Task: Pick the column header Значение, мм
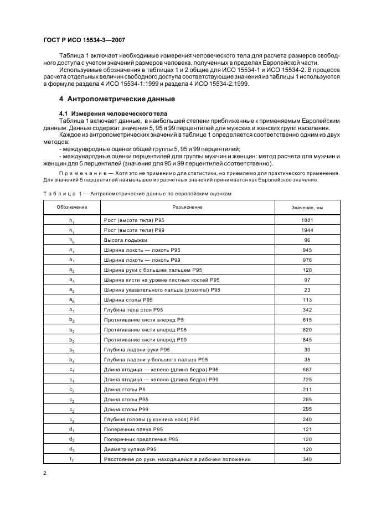pos(307,207)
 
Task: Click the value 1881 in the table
pos(307,220)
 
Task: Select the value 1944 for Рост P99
pos(307,230)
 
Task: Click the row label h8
pos(71,240)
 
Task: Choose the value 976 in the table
pos(307,260)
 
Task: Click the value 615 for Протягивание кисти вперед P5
pos(307,320)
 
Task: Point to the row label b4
pos(71,360)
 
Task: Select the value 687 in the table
pos(307,369)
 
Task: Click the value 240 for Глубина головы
pos(307,419)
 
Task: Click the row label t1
pos(71,459)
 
